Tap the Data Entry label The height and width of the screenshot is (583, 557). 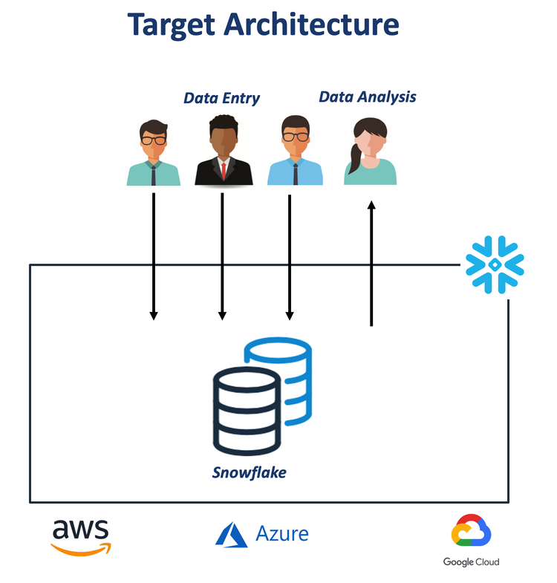(221, 98)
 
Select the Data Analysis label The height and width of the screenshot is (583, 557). (367, 97)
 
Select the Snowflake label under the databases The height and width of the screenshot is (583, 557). (249, 472)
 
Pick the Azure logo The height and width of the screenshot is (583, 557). (261, 534)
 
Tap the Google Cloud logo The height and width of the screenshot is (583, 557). (472, 541)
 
